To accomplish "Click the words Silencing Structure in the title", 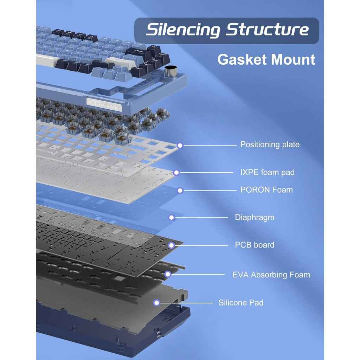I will (x=227, y=30).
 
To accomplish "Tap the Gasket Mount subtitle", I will (x=266, y=59).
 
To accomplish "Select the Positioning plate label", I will (x=270, y=144).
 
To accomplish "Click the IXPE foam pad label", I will (x=267, y=172).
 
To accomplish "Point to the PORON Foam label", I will (x=266, y=190).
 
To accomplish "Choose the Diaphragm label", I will (x=254, y=217).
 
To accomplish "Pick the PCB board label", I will (x=254, y=245).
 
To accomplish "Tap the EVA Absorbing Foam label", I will (x=271, y=275).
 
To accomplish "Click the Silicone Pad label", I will (x=241, y=302).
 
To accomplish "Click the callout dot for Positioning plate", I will (x=180, y=145).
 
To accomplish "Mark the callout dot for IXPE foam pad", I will (x=176, y=173).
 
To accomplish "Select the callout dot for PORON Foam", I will (x=180, y=190).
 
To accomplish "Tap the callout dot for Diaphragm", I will (x=172, y=218).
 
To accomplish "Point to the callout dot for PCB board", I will (x=172, y=245).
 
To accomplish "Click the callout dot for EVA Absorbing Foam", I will (x=168, y=274).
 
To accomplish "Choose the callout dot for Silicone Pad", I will (x=157, y=303).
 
